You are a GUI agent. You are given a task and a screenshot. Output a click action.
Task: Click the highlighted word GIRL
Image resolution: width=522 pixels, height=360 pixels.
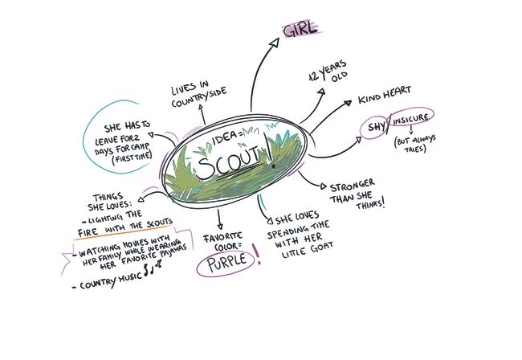[300, 30]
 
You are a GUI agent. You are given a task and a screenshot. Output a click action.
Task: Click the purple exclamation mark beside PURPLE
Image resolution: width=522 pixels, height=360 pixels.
[257, 254]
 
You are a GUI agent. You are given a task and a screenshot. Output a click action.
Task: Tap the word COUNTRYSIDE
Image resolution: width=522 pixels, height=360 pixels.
[199, 97]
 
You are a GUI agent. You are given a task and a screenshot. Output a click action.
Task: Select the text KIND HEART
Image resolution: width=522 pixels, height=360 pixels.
[385, 95]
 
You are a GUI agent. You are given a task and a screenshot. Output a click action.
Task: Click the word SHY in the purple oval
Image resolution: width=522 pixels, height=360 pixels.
[376, 126]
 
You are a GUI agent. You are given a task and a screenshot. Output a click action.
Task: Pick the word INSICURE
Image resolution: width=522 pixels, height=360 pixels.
[410, 119]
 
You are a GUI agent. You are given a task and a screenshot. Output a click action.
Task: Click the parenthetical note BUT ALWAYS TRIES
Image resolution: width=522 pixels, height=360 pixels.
[415, 144]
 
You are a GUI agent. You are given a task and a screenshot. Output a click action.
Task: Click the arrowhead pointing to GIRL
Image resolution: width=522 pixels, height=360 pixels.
[275, 43]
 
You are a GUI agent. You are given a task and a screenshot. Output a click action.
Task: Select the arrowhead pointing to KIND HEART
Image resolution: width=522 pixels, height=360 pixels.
[348, 103]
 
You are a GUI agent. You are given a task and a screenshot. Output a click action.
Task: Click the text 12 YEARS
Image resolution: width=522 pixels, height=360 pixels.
[328, 71]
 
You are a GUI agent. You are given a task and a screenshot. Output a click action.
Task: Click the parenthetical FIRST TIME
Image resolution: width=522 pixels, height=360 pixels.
[132, 157]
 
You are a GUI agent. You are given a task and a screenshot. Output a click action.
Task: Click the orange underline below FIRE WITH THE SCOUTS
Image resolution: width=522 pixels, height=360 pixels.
[124, 232]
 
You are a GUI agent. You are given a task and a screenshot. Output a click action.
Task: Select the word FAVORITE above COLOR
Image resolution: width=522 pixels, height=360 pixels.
[222, 237]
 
